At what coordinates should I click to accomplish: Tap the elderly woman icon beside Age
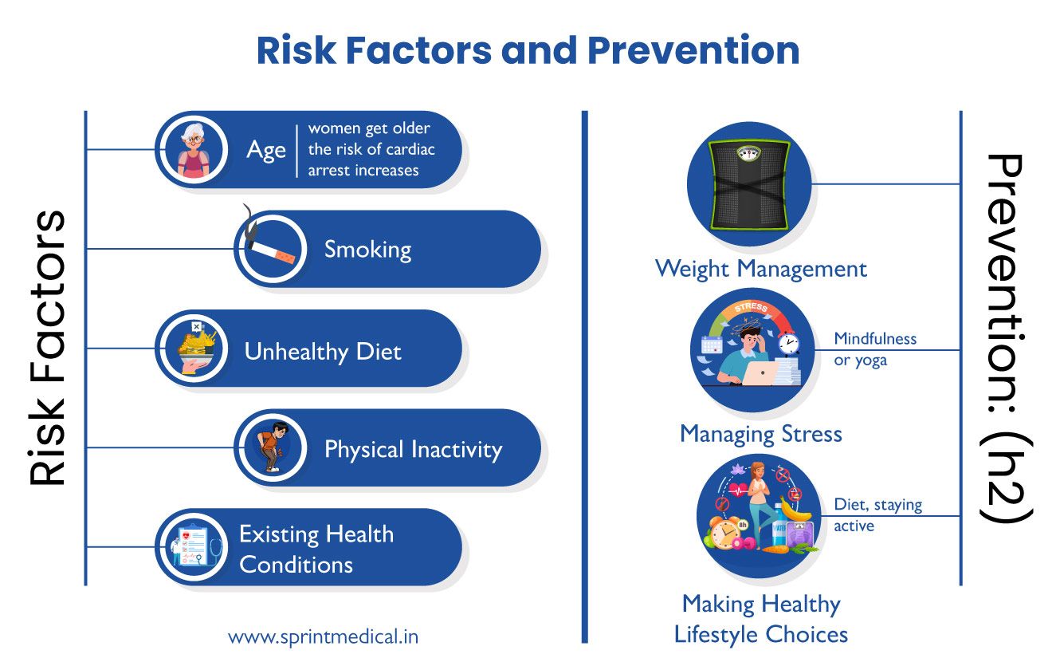click(192, 151)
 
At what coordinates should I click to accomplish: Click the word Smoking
click(367, 250)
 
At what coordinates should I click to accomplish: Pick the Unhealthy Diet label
click(323, 352)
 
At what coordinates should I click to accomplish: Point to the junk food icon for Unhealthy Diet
click(192, 349)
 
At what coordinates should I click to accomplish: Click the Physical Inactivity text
click(413, 450)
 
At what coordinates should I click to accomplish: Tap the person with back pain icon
click(270, 447)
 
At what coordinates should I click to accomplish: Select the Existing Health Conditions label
click(316, 549)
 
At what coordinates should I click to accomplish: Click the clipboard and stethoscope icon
click(192, 547)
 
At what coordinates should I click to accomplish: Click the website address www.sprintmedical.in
click(323, 636)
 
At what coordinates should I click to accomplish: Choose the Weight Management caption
click(760, 269)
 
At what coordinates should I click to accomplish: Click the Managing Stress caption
click(760, 434)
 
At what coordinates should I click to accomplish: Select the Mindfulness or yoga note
click(875, 349)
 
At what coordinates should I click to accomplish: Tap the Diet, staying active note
click(877, 515)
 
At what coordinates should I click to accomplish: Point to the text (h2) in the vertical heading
click(1007, 481)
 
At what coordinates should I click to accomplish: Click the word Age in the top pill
click(266, 151)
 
